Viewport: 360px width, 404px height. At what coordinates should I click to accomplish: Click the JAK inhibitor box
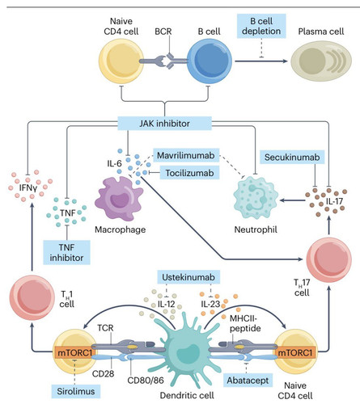click(x=164, y=124)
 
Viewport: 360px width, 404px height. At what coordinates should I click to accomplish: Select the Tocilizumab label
click(x=189, y=173)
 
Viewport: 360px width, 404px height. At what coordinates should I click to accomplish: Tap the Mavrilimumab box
click(x=186, y=155)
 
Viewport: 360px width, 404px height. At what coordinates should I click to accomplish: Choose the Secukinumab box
click(x=292, y=157)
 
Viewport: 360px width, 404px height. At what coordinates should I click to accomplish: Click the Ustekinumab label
click(x=188, y=277)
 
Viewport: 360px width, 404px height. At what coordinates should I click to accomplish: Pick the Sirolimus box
click(x=76, y=391)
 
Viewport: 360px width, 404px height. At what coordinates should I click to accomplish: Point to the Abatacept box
click(x=248, y=381)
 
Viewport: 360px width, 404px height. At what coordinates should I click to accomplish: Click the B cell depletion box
click(x=261, y=26)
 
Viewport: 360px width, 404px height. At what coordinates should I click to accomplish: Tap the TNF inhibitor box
click(x=66, y=252)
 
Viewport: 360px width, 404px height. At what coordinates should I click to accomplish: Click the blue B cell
click(x=210, y=61)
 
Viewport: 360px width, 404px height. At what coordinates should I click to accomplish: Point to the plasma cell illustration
click(x=321, y=61)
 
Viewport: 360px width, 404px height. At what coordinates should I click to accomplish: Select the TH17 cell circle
click(x=329, y=259)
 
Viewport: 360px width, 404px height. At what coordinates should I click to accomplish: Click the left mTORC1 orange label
click(x=75, y=352)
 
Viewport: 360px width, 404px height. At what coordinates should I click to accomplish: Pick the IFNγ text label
click(x=28, y=187)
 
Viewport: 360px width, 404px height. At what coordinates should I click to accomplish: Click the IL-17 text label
click(x=334, y=201)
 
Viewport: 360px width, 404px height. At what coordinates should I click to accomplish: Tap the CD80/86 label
click(x=146, y=380)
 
